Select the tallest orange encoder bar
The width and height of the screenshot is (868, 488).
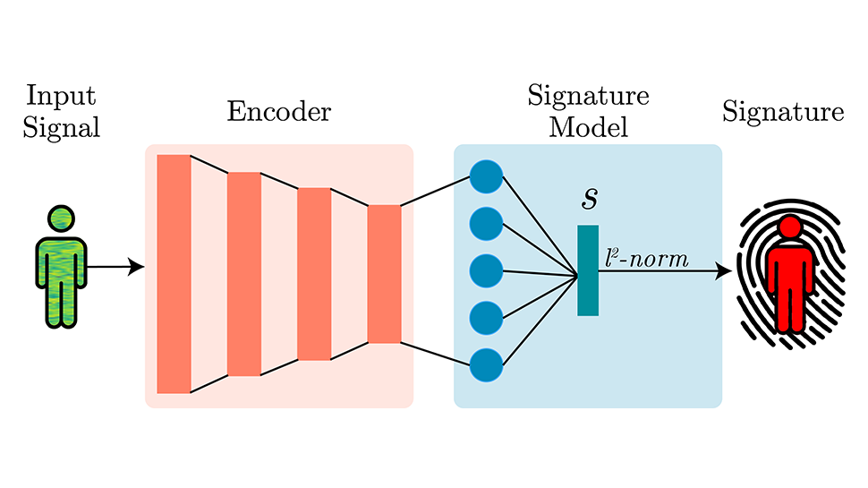tap(174, 273)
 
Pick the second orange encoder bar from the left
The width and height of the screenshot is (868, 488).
tap(243, 273)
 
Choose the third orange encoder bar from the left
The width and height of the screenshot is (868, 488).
tap(314, 273)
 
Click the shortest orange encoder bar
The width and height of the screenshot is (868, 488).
tap(384, 273)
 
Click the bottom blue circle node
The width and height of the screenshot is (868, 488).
tap(486, 364)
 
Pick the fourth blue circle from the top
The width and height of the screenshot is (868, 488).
tap(486, 317)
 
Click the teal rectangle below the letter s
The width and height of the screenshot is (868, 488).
tap(587, 270)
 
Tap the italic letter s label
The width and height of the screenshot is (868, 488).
tap(589, 199)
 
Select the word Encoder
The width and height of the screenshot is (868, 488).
tap(278, 112)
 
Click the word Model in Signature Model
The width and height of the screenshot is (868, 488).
tap(588, 126)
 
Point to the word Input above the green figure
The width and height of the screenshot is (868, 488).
tap(61, 96)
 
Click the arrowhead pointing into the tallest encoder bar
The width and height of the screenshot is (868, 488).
tap(137, 266)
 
